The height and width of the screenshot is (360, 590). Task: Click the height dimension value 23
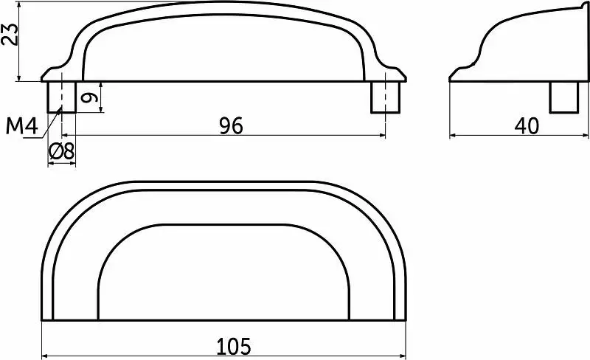(9, 34)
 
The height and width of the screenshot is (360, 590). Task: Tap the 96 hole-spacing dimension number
(232, 125)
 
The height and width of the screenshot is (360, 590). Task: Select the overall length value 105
(233, 346)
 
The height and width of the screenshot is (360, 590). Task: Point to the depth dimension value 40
(527, 125)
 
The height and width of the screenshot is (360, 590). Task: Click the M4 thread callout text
(22, 125)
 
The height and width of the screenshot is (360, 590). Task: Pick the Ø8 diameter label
(62, 151)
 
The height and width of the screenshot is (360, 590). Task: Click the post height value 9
(90, 98)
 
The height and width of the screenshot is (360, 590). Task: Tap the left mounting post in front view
(62, 97)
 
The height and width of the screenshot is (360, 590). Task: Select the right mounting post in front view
(385, 97)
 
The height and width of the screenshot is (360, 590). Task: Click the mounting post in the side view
(563, 97)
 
